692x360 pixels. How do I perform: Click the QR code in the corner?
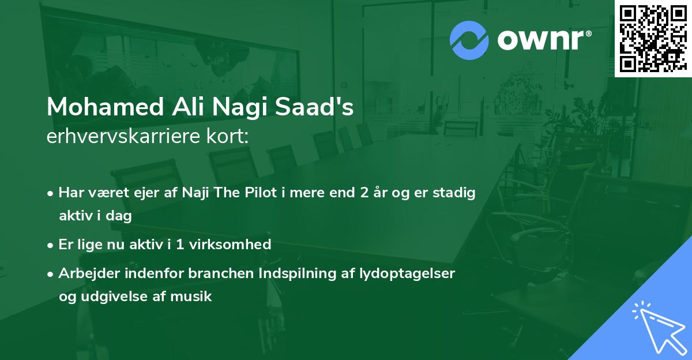(652, 37)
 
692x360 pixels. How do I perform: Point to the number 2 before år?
(364, 193)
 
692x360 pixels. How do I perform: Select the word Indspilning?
(281, 274)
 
